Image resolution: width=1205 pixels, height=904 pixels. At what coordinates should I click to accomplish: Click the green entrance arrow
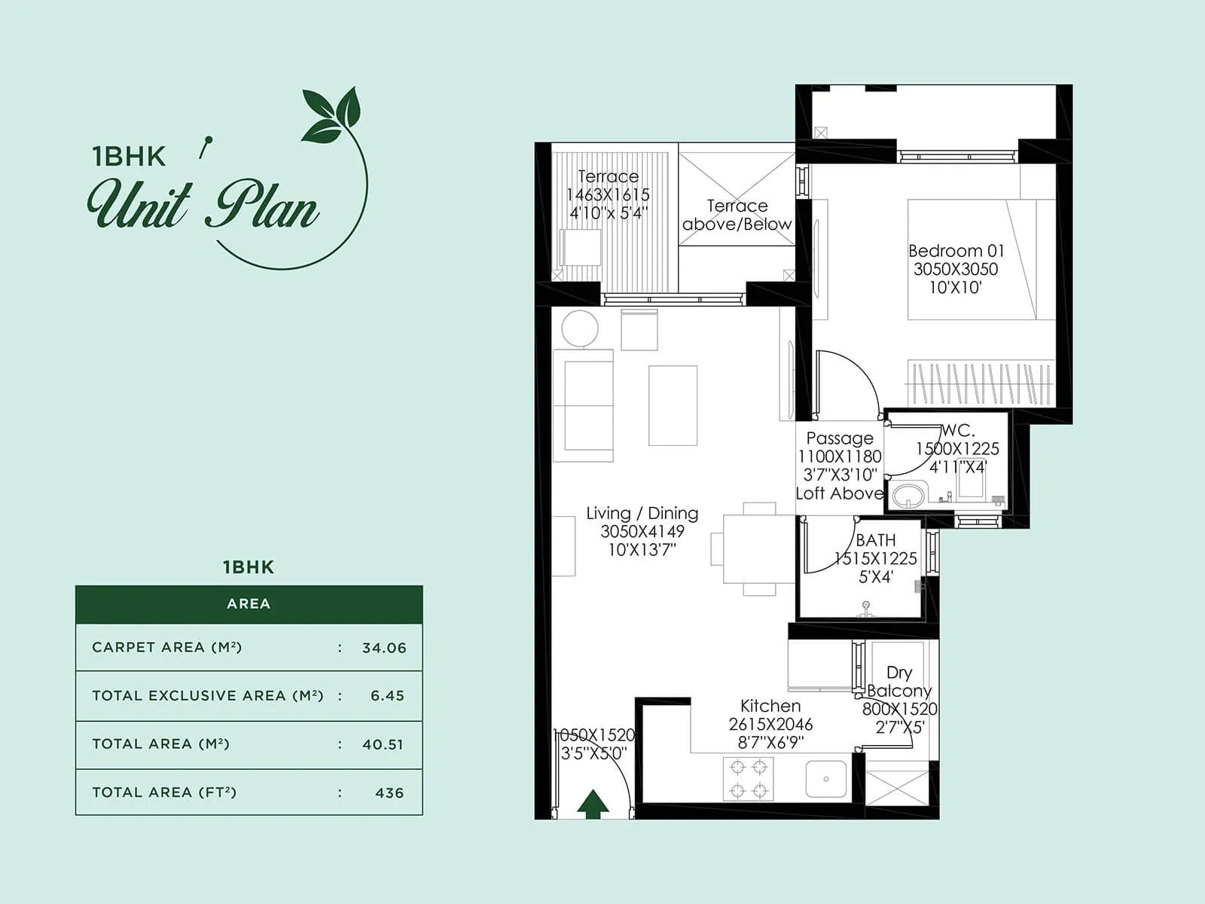tap(593, 804)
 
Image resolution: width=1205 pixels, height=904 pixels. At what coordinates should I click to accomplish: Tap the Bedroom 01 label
tap(956, 251)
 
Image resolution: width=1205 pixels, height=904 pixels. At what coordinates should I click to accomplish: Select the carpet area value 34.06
tap(384, 648)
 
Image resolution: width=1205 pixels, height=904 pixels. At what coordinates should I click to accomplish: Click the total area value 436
tap(389, 793)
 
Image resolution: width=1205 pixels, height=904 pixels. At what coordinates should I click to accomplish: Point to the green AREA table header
tap(249, 604)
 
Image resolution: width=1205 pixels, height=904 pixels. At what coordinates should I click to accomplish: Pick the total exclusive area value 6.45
tap(387, 696)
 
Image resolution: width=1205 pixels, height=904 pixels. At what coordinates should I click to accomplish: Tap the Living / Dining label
tap(642, 514)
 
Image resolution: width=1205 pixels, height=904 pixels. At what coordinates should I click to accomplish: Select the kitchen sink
tap(825, 779)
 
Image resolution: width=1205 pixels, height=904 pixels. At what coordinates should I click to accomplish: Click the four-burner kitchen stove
tap(748, 779)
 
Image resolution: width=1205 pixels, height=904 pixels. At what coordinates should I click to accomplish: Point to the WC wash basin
tap(909, 496)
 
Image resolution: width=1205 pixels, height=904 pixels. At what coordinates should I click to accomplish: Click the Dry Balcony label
tap(899, 681)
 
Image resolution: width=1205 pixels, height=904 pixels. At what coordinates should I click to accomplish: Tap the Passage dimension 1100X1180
tap(840, 457)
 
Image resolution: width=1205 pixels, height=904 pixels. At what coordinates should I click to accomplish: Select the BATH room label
tap(876, 540)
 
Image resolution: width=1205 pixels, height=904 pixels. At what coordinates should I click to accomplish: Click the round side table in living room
tap(580, 328)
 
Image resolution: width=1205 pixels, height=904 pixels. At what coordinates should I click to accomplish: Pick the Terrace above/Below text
tap(737, 215)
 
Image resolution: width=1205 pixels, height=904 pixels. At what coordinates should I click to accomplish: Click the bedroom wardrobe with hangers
tap(980, 383)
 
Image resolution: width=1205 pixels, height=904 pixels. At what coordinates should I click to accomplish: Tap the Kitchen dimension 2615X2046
tap(770, 725)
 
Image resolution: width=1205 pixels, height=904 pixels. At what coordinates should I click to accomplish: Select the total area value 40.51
tap(383, 744)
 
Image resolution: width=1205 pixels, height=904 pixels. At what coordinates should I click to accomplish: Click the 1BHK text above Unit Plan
tap(128, 156)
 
